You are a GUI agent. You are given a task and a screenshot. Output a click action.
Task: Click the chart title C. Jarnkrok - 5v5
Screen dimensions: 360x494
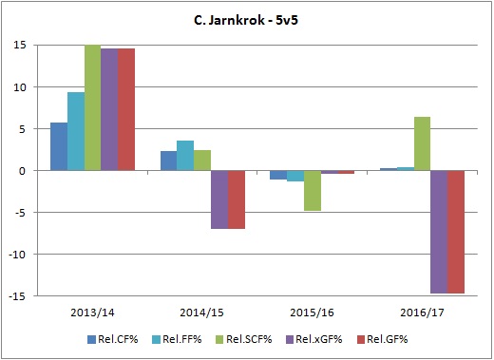click(x=246, y=18)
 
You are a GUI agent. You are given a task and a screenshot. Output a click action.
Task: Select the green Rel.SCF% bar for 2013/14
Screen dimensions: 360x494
click(x=92, y=108)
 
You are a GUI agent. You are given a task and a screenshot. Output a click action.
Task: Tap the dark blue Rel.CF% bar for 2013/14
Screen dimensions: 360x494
click(x=58, y=146)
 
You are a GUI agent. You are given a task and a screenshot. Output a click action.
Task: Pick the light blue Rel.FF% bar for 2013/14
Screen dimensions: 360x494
click(x=75, y=131)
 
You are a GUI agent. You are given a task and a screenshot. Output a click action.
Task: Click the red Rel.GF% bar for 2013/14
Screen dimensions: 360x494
click(x=125, y=109)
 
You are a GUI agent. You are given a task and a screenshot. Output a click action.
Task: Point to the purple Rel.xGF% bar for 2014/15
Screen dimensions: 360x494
click(x=218, y=199)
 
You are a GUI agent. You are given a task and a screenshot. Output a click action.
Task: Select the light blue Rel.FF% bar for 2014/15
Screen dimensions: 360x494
click(x=184, y=156)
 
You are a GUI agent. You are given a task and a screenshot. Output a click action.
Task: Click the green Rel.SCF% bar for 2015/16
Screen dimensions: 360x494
click(x=312, y=190)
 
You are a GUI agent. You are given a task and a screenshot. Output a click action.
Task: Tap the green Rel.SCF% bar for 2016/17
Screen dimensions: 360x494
click(x=422, y=143)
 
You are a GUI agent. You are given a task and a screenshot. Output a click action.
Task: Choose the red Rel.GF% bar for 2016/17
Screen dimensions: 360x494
click(x=456, y=232)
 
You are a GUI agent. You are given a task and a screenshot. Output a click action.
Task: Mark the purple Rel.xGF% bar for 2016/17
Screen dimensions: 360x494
click(x=439, y=232)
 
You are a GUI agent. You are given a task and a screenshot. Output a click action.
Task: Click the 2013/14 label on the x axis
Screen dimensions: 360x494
click(x=92, y=312)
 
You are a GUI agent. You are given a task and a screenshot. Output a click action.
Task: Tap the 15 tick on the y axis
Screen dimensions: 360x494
click(x=19, y=45)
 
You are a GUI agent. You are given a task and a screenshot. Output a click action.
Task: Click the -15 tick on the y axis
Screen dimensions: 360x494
click(x=17, y=296)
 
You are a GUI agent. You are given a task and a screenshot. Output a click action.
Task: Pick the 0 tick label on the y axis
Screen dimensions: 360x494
click(x=23, y=171)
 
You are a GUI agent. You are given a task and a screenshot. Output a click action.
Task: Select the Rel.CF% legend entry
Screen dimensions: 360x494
click(x=110, y=337)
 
